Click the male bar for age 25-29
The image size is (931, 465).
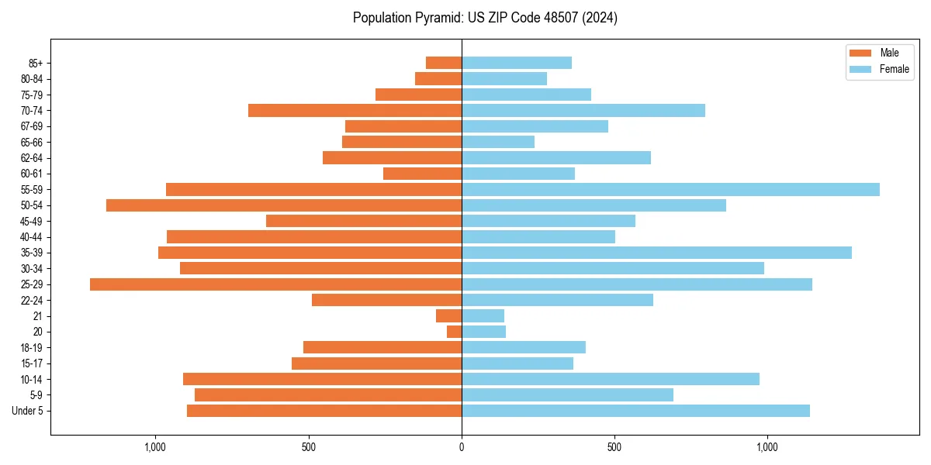point(275,284)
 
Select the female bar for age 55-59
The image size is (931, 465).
point(670,190)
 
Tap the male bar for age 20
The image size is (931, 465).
point(455,332)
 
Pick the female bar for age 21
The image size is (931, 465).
point(483,316)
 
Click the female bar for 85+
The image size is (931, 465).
point(517,63)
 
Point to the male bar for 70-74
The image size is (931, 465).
point(355,111)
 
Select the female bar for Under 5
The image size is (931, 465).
point(635,411)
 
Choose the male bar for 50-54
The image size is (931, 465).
point(284,205)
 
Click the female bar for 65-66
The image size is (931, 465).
point(498,142)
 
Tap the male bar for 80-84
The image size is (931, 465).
point(438,79)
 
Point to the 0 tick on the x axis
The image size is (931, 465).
point(462,447)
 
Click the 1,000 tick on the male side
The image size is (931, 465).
point(156,447)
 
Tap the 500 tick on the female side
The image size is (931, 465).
point(614,447)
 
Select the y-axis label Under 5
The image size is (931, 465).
point(27,411)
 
